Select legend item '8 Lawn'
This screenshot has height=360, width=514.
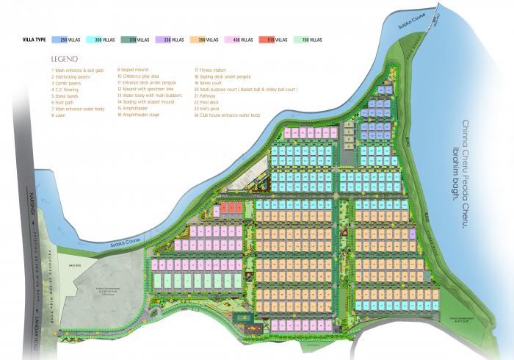click(59, 115)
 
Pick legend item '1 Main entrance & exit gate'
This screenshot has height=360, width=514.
click(77, 71)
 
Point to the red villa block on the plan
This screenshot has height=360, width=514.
click(231, 208)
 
